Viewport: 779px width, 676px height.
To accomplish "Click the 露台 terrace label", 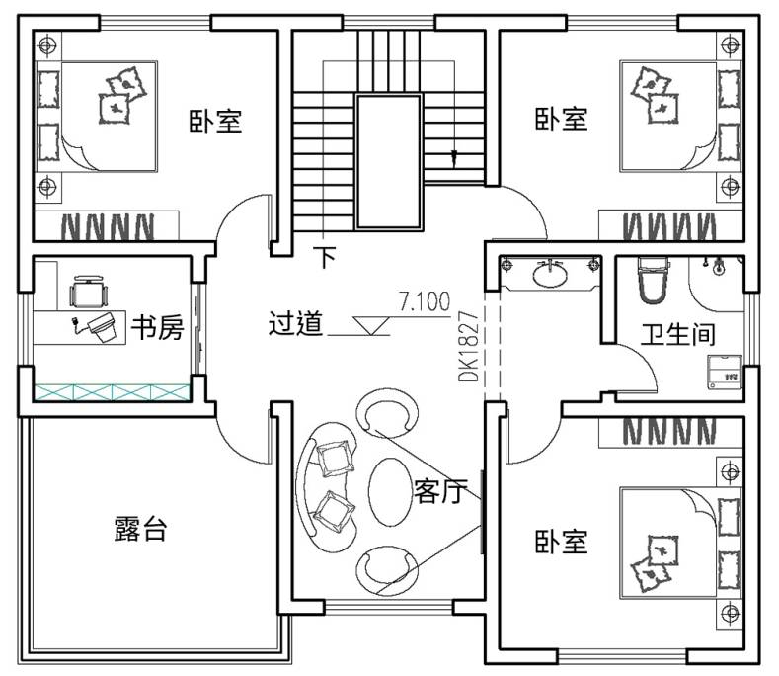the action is [140, 529].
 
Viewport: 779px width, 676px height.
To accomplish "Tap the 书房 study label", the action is [158, 328].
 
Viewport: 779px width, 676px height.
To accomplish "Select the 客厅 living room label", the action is [440, 491].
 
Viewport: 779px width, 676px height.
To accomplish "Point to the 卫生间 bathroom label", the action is [678, 334].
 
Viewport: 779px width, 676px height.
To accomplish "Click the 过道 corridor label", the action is [295, 323].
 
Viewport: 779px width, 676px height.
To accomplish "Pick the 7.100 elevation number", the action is [425, 301].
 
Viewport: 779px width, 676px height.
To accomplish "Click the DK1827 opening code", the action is [468, 347].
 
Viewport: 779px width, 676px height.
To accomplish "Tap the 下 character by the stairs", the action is [326, 257].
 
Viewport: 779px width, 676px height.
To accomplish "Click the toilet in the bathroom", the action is [653, 281].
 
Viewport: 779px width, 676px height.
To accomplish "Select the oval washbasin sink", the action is [550, 274].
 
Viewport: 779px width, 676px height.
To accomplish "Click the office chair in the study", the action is [89, 292].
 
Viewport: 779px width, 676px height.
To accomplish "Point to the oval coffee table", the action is [390, 492].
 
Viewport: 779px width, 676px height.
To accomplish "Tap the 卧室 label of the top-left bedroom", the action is [215, 121].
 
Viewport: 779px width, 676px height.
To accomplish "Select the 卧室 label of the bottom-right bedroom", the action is [562, 542].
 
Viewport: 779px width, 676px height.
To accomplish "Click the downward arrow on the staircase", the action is [453, 158].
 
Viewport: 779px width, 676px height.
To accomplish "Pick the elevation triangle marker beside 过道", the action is [370, 325].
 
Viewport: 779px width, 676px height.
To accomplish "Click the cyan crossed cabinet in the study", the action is [113, 392].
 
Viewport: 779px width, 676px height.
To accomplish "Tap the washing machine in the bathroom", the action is [725, 372].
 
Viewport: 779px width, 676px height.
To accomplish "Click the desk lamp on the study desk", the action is [98, 326].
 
